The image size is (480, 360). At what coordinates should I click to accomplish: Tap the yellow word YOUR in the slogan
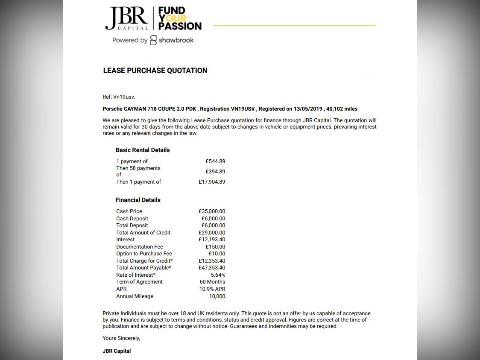point(173,18)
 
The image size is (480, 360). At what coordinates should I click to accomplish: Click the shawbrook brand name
point(176,40)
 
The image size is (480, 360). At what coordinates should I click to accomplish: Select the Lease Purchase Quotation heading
point(155,71)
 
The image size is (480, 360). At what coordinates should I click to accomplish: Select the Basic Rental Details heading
point(143,150)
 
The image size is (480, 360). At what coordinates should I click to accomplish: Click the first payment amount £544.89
point(215,161)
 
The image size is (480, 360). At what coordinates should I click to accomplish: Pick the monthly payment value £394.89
point(215,172)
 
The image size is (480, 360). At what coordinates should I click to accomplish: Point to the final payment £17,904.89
point(211,182)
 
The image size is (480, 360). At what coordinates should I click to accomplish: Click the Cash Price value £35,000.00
point(211,211)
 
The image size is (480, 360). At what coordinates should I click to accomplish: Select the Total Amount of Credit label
point(143,233)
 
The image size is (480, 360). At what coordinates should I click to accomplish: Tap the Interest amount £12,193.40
point(211,240)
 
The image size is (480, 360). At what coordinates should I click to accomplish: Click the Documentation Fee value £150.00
point(215,247)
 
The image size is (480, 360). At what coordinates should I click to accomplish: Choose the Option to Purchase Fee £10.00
point(217,254)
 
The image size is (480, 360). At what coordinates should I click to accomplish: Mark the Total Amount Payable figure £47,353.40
point(211,268)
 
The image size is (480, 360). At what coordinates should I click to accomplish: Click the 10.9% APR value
point(212,289)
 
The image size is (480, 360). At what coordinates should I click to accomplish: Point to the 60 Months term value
point(212,282)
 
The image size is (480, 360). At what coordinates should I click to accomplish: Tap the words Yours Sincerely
point(121,338)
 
